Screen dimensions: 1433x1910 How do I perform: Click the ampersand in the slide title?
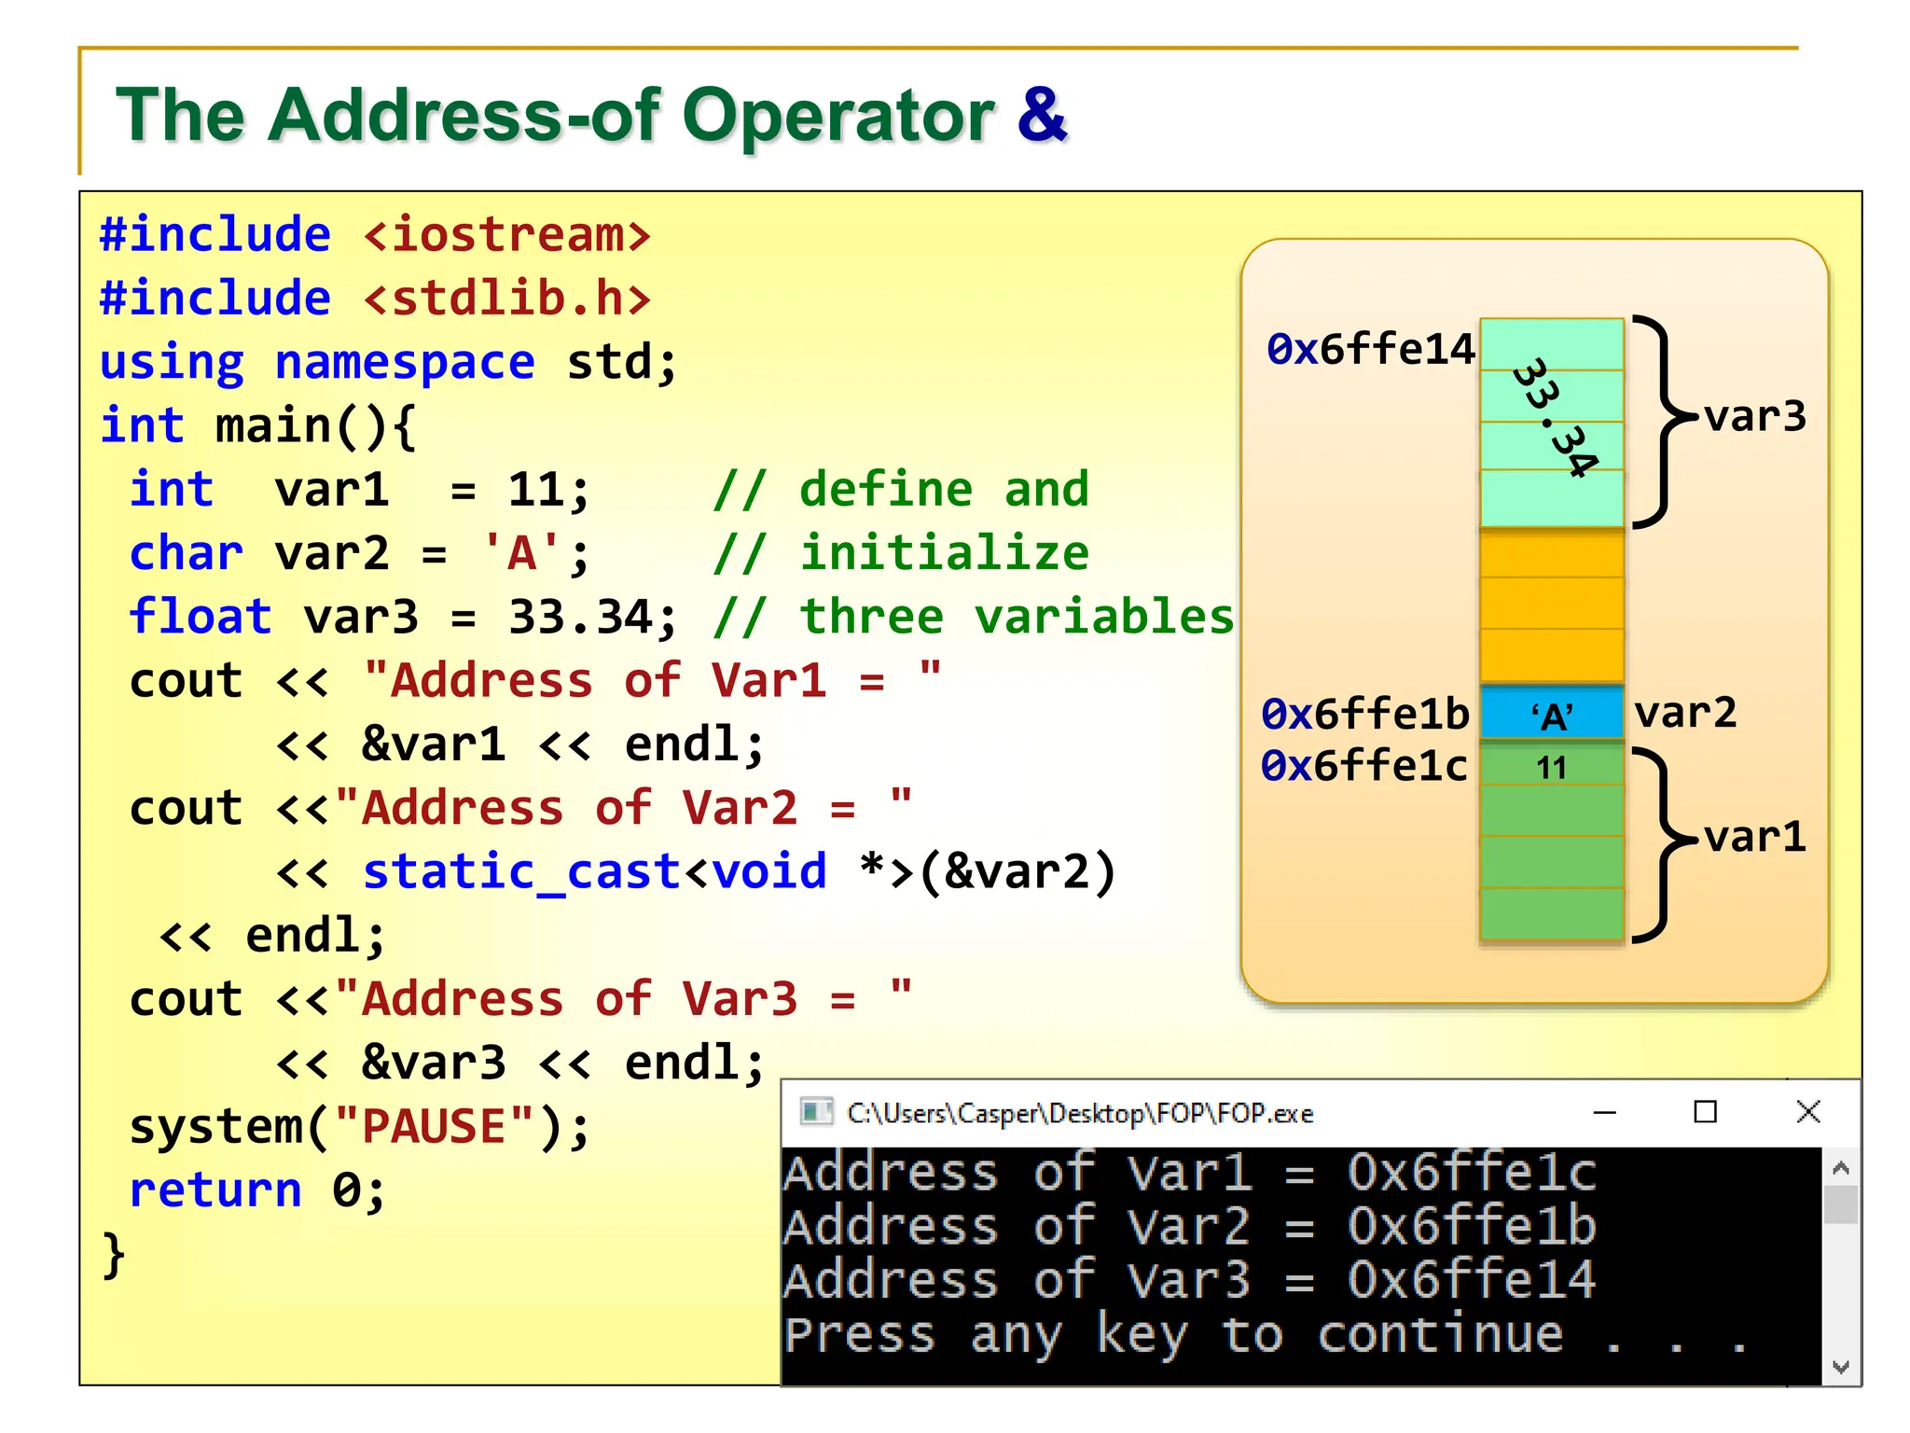coord(1042,116)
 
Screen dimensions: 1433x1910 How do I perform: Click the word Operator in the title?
coord(839,116)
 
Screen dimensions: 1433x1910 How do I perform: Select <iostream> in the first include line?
coord(506,234)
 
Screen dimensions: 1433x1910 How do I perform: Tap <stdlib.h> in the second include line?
coord(506,299)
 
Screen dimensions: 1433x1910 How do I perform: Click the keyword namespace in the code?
coord(405,362)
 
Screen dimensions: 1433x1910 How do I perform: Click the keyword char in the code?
coord(186,553)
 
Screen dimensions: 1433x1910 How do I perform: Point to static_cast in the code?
coord(521,871)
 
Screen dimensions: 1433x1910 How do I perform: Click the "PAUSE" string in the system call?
coord(434,1126)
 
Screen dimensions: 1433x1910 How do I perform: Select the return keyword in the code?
coord(215,1190)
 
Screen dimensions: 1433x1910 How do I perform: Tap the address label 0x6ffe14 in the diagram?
coord(1370,349)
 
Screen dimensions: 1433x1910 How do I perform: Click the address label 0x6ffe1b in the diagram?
coord(1364,714)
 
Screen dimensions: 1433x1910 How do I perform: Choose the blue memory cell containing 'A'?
coord(1551,715)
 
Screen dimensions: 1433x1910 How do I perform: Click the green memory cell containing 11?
coord(1551,767)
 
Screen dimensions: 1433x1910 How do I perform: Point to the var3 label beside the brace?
coord(1754,417)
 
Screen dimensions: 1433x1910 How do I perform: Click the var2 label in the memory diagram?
coord(1685,714)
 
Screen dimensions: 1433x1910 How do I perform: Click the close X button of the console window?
coord(1807,1111)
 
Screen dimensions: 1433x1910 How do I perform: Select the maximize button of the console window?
coord(1705,1111)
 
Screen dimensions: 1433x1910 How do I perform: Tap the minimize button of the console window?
coord(1604,1112)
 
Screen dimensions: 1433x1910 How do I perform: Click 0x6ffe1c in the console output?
coord(1471,1172)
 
